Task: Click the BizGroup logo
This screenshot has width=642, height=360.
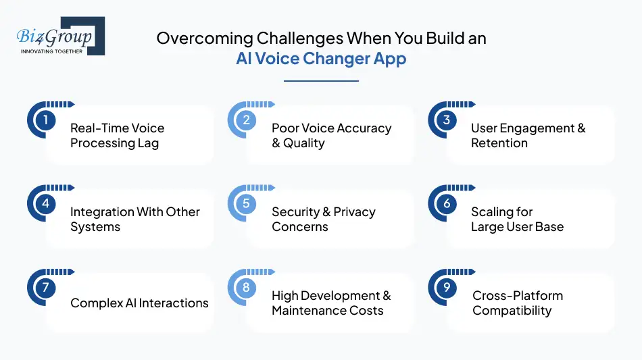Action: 61,36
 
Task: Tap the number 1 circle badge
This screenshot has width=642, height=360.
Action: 45,120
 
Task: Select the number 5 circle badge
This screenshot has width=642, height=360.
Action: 246,203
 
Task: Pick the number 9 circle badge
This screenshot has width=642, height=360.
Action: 447,287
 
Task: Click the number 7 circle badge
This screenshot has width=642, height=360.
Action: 45,287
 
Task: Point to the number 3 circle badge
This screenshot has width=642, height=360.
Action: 447,120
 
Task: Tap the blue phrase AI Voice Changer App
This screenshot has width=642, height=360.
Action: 321,59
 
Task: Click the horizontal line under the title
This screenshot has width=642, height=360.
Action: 321,81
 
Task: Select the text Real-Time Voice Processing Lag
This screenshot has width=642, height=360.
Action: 117,136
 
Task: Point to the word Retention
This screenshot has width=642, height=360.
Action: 499,143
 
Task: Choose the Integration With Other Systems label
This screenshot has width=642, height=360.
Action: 135,220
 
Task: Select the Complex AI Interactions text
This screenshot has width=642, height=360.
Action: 139,303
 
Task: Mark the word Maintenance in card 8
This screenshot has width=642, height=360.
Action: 303,311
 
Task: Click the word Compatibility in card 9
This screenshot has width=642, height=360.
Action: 512,311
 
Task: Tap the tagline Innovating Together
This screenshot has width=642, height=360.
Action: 51,51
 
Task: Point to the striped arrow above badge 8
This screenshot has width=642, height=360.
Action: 260,272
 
